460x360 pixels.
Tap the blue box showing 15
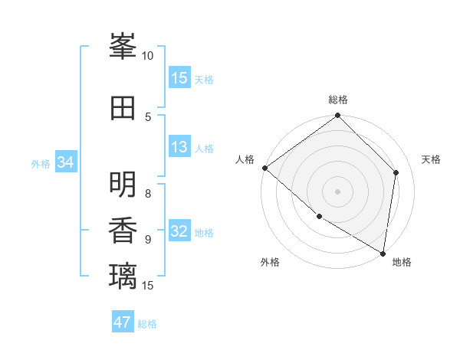point(179,78)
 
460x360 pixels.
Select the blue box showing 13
point(179,147)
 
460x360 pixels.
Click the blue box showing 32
point(179,232)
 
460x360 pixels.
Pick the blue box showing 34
point(65,162)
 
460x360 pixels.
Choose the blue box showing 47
point(123,322)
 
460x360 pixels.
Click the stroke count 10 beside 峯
point(148,56)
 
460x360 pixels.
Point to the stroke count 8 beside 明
point(148,193)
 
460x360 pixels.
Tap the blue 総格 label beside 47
point(147,324)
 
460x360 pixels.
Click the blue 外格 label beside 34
point(41,163)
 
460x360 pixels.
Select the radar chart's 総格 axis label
point(338,100)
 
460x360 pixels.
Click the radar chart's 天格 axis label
point(431,159)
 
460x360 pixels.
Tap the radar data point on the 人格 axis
point(264,168)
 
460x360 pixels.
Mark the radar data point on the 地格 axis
point(383,253)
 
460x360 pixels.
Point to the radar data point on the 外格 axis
point(319,217)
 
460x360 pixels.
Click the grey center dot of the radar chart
point(337,191)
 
